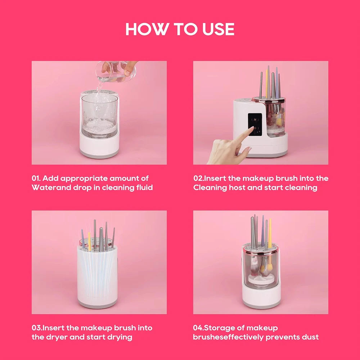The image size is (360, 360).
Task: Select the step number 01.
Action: pyautogui.click(x=36, y=178)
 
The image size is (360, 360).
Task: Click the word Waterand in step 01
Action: pyautogui.click(x=48, y=188)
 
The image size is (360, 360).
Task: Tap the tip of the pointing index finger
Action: pyautogui.click(x=251, y=128)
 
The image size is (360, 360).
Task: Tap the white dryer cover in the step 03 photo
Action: pyautogui.click(x=97, y=277)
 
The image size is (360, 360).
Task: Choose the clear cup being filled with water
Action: pyautogui.click(x=99, y=115)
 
